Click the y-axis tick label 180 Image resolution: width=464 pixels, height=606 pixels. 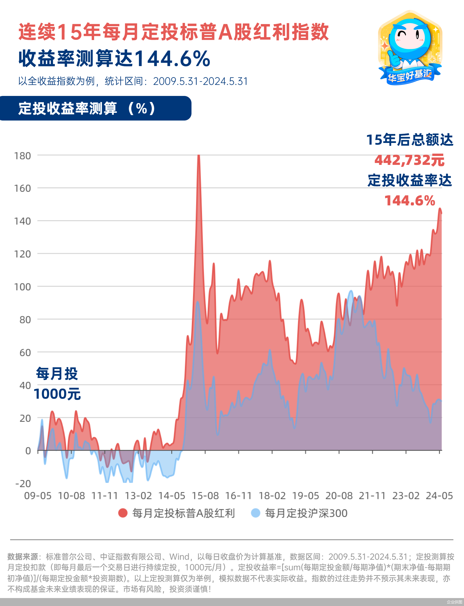(x=22, y=156)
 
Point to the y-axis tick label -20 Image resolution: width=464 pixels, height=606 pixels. (x=23, y=484)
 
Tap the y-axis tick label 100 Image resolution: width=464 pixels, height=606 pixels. (x=22, y=287)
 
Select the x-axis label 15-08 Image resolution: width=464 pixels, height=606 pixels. (x=205, y=496)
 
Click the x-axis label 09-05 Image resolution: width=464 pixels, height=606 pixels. (x=38, y=496)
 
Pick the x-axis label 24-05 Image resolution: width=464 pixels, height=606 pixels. (x=439, y=496)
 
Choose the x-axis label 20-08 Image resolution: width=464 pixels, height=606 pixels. (x=339, y=496)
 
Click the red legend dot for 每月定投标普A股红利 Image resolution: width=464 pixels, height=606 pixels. (x=123, y=513)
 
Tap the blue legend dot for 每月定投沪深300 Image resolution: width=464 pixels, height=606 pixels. (x=255, y=513)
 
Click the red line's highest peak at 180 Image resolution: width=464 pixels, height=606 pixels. (x=198, y=156)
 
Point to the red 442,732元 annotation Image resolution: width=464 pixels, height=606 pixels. (x=409, y=160)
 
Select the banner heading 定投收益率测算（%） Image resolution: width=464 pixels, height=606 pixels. (x=87, y=108)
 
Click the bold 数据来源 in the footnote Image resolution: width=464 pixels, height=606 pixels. (x=22, y=557)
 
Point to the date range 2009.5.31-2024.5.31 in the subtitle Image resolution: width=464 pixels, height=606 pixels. (x=200, y=81)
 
